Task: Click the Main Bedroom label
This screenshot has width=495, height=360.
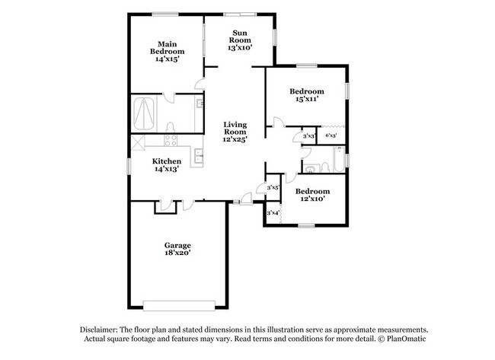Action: coord(168,50)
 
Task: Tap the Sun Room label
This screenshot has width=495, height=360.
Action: coord(240,40)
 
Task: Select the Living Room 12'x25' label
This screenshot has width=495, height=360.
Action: coord(235,131)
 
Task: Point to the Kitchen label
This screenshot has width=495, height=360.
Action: coord(166,165)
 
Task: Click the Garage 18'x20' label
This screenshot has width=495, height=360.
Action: coord(177,250)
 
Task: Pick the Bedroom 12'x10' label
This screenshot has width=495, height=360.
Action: coord(312,195)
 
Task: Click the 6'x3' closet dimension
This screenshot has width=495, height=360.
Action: coord(331,135)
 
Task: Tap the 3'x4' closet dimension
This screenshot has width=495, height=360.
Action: coord(273,214)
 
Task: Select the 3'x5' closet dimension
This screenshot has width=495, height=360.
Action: coord(273,186)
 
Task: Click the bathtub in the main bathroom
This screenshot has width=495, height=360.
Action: coord(145,114)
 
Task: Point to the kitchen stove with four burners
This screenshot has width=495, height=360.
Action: coord(171,140)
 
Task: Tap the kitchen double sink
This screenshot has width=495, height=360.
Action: coord(197,157)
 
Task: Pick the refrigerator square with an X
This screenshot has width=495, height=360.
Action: coord(138,142)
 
